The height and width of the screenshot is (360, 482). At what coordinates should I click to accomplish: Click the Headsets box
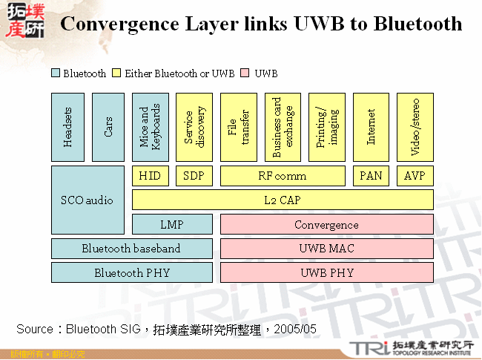[68, 127]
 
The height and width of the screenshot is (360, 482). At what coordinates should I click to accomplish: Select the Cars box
[108, 127]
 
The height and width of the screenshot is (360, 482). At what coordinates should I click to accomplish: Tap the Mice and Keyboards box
[150, 127]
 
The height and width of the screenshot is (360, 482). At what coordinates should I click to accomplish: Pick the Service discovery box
[194, 127]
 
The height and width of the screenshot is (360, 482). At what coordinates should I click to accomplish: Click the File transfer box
[238, 127]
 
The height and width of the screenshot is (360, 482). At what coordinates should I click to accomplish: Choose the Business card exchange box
[283, 127]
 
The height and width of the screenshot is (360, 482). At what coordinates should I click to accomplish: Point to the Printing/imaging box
[327, 127]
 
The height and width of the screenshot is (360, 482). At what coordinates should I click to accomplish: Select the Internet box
[372, 127]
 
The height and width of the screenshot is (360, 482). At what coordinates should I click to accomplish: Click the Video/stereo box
[415, 127]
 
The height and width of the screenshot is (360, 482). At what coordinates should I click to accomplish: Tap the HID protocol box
[150, 176]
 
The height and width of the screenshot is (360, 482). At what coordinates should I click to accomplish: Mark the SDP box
[194, 176]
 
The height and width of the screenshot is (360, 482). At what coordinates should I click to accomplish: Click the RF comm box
[283, 176]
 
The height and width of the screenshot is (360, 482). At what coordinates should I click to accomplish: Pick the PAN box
[372, 176]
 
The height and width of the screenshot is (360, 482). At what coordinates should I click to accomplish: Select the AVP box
[415, 176]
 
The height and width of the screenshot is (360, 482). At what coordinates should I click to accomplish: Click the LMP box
[172, 224]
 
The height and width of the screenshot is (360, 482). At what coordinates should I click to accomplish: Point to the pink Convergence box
[326, 224]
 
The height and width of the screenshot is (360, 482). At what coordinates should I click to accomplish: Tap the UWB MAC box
[326, 248]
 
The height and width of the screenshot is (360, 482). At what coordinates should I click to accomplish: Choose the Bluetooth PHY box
[132, 272]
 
